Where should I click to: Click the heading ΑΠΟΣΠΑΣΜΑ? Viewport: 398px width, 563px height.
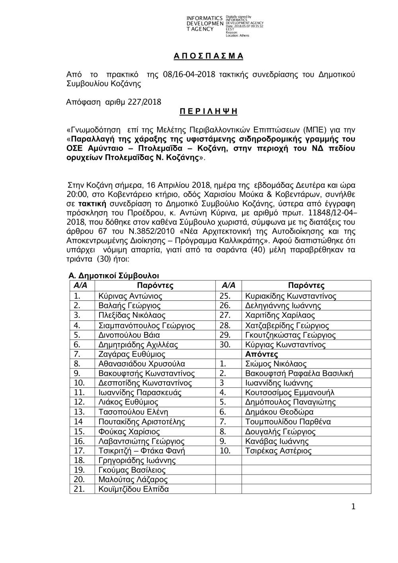coord(208,56)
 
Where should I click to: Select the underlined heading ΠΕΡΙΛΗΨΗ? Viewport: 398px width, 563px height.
coord(208,112)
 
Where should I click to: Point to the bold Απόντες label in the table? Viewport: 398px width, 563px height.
coord(261,354)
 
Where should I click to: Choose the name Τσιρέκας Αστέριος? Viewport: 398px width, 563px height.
coord(278,451)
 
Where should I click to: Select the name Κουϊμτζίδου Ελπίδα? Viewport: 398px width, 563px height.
coord(133,489)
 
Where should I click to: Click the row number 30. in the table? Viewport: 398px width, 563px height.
coord(225,345)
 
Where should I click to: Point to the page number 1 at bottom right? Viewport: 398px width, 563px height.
coord(353,506)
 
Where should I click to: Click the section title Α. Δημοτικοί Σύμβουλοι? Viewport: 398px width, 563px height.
coord(114,276)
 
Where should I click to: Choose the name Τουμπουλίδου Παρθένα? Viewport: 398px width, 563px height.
coord(288,422)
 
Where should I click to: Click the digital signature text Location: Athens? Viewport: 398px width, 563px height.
coord(237,36)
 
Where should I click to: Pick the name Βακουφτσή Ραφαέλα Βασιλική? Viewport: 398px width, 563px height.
coord(299,374)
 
